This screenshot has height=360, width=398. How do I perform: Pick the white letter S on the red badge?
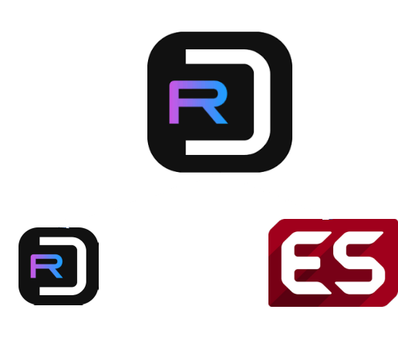(x=360, y=263)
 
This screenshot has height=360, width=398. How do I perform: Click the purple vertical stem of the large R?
(x=174, y=103)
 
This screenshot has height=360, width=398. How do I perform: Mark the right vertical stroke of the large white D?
(x=262, y=102)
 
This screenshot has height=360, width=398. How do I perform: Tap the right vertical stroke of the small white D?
(x=82, y=266)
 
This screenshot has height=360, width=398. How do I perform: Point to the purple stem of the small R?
(x=33, y=267)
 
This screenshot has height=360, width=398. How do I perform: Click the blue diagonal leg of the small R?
(x=56, y=273)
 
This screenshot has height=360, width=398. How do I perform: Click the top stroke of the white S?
(x=360, y=237)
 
